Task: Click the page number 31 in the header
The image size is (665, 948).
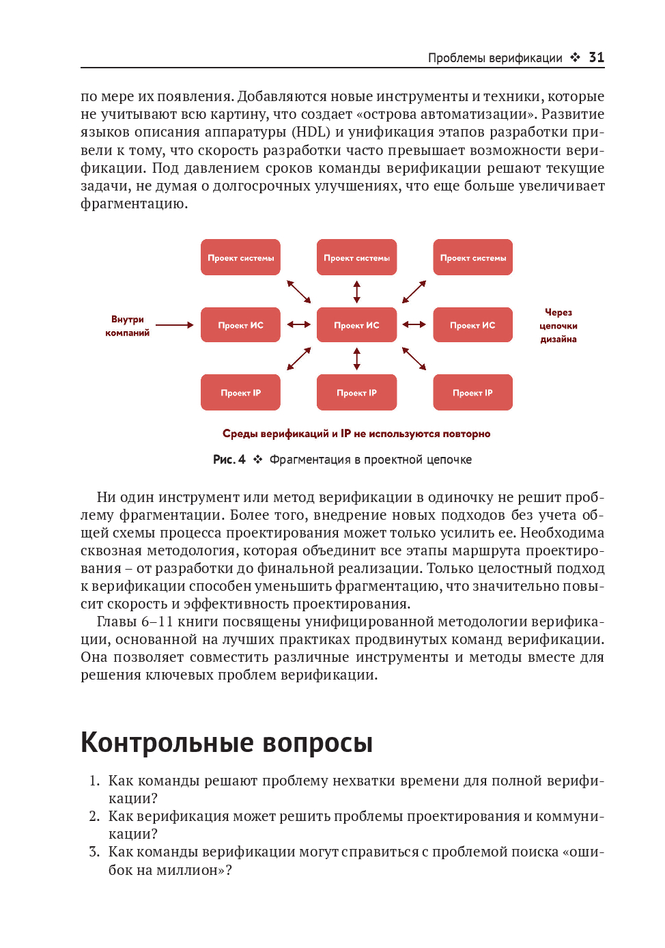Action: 596,57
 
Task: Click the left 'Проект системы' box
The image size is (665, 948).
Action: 240,257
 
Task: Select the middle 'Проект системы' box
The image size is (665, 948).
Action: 356,257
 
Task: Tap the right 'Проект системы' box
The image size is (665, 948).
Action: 472,257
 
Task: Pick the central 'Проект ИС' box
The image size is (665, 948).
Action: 356,325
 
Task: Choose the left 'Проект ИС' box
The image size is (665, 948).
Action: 240,325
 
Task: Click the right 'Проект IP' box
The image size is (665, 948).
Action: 472,393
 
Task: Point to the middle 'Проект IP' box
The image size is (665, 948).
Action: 356,393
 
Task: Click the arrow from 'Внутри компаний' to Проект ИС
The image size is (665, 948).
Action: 175,325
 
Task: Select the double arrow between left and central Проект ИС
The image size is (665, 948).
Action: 298,324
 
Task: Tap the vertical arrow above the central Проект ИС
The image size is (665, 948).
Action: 356,292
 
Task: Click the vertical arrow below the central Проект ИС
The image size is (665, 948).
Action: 356,359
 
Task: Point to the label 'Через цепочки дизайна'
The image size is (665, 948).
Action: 558,326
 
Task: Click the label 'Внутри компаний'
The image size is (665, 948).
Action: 127,326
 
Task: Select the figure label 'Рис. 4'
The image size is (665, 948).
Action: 229,460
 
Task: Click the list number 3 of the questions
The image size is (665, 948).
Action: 94,852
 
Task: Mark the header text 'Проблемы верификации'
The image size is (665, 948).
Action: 495,58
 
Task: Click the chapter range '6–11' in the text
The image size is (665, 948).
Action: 157,622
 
